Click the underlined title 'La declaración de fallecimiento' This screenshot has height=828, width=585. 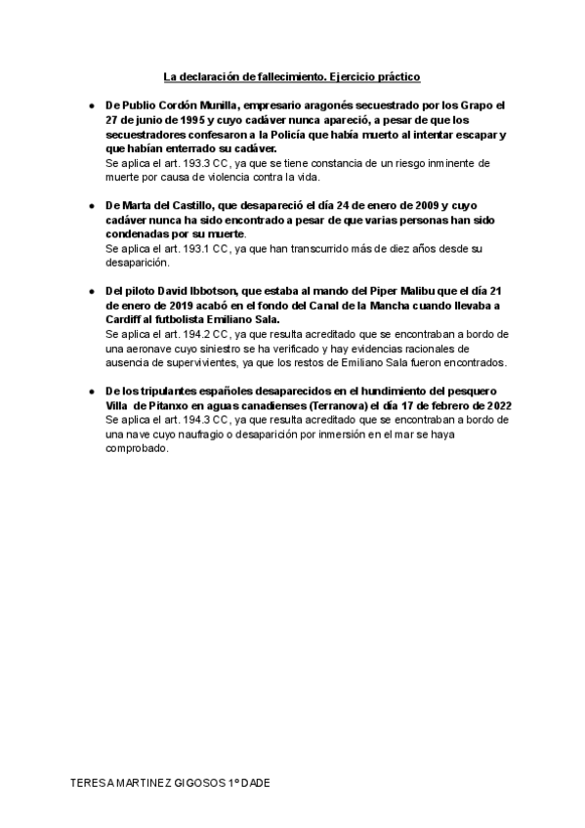(244, 74)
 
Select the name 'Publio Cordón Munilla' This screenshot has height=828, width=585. (178, 103)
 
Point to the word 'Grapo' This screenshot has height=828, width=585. (467, 103)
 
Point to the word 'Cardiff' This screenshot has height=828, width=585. (128, 319)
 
